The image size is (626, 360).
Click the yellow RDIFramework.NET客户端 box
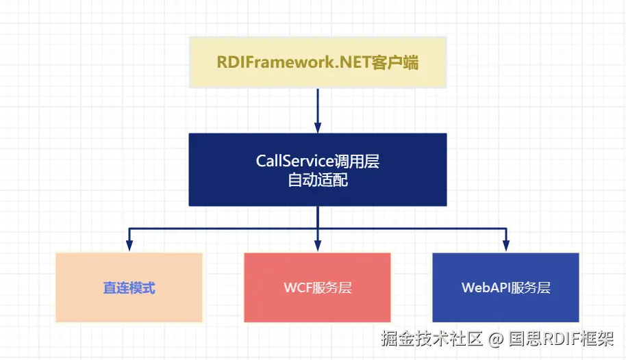coord(318,62)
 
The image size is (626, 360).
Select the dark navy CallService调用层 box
coord(318,170)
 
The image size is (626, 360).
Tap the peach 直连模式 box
coord(129,287)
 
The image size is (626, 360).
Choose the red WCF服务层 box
coord(317,287)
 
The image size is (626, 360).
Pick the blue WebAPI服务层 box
coord(506,287)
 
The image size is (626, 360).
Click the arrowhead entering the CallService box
coord(318,128)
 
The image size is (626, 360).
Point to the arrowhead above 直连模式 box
coord(129,246)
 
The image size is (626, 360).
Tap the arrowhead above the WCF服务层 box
coord(318,246)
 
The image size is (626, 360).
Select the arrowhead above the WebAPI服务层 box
coord(506,246)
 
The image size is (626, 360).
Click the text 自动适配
coord(318,180)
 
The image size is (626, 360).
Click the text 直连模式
coord(129,287)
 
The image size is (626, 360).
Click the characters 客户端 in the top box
coord(395,63)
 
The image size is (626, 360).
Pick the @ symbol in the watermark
coord(495,339)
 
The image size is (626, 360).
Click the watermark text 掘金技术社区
coord(431,339)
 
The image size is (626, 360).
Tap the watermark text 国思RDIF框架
coord(561,339)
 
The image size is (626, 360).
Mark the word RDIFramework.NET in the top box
coord(295,63)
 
